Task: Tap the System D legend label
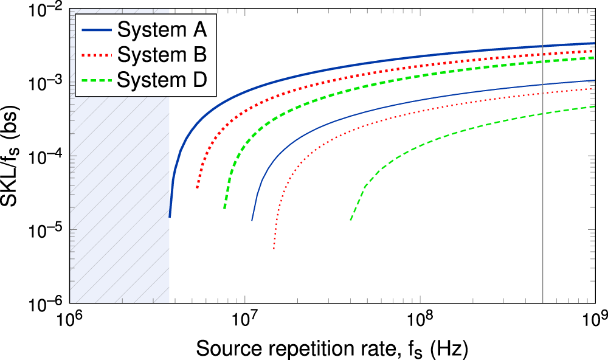[162, 79]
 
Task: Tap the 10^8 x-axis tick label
[419, 319]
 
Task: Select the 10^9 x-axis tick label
[593, 319]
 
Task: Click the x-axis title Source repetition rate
[332, 347]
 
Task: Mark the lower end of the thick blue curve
[170, 216]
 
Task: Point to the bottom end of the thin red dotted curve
[274, 248]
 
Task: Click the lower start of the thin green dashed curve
[351, 220]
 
